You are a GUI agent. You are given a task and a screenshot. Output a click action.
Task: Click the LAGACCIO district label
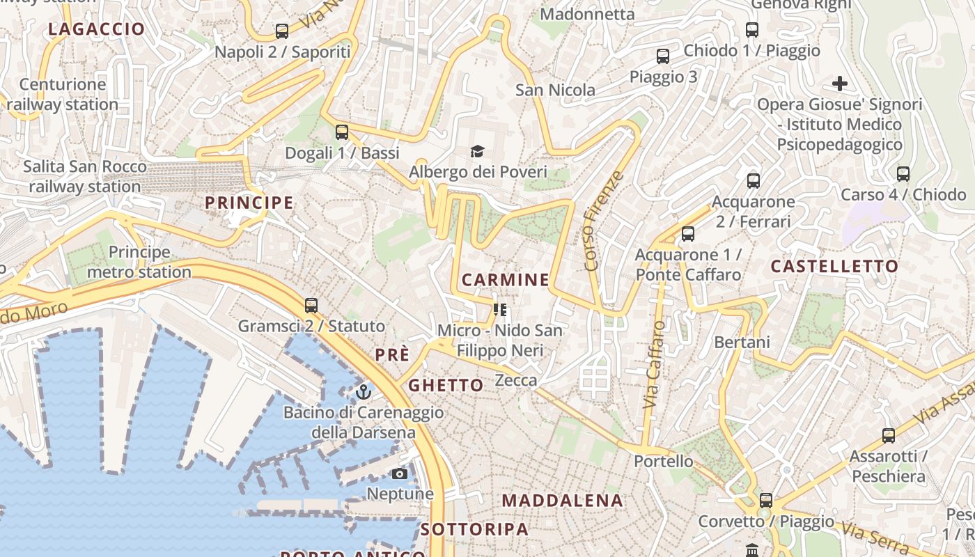coord(97,29)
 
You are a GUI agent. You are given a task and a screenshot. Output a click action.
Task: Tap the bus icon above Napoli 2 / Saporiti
coord(281,31)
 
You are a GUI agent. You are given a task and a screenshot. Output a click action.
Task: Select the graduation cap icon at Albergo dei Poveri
coord(477,151)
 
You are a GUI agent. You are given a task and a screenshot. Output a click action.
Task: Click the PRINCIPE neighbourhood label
coord(249,203)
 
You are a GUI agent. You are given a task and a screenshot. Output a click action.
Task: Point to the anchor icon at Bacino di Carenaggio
coord(363,392)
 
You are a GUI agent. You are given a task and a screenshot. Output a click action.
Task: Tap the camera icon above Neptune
coord(400,474)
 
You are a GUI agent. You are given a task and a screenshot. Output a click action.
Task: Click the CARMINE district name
coord(506,280)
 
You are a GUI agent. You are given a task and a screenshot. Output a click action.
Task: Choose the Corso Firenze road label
coord(602,221)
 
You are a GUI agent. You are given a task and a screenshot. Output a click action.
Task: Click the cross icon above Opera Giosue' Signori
coord(840,84)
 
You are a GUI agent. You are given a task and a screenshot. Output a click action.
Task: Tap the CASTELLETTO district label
coord(834,266)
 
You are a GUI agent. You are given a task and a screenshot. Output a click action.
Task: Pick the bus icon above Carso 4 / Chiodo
coord(903,174)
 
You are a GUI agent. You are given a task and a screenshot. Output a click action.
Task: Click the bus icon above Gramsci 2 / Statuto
coord(311,305)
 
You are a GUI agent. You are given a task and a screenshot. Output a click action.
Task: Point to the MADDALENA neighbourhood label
coord(562,501)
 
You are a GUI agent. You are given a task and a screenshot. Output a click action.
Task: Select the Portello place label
coord(664,461)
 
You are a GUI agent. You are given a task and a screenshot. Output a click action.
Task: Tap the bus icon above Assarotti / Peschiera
coord(889,436)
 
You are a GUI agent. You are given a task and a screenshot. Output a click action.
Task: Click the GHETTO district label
coord(446,385)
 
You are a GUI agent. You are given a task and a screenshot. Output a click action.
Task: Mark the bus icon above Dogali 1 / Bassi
coord(342,132)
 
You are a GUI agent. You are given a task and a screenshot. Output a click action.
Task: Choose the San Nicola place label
coord(555,90)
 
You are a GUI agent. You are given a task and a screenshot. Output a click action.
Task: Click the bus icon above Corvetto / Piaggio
coord(766,500)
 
